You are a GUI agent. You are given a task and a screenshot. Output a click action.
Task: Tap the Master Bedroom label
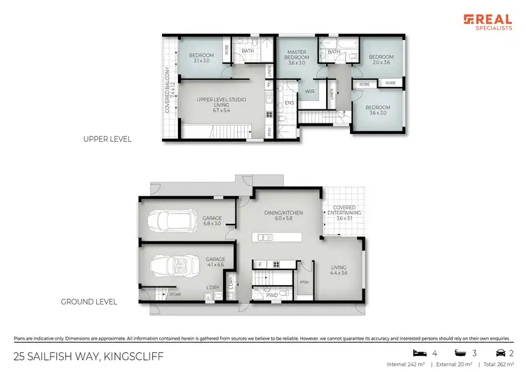tap(297, 57)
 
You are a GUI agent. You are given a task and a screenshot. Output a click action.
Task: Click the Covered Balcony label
tap(168, 90)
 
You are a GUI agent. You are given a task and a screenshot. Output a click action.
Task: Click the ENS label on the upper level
tap(289, 103)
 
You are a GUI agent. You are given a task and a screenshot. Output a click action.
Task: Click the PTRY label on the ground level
tap(304, 282)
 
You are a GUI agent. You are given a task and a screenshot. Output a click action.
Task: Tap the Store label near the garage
tap(175, 295)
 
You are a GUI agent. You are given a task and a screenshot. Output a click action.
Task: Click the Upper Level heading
tap(107, 139)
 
